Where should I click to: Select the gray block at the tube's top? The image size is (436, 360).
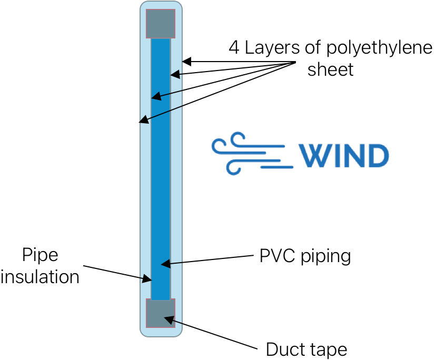[161, 24]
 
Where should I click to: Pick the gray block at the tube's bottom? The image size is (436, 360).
[161, 313]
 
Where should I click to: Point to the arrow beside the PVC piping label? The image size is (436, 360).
[172, 263]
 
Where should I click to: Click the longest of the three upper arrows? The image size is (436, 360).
[161, 114]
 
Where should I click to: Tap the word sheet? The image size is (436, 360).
[331, 69]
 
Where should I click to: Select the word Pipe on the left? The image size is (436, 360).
[40, 256]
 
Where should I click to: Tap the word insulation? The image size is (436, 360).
[40, 276]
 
